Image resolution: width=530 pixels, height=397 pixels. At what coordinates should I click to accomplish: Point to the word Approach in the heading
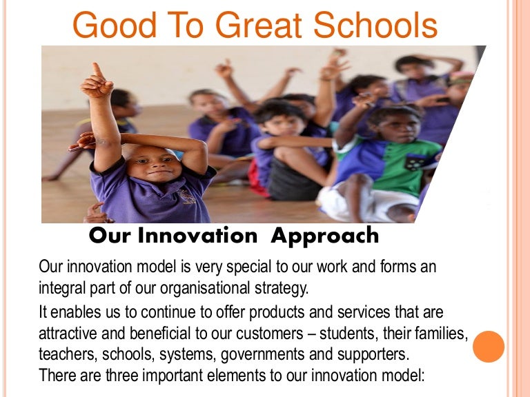324,236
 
